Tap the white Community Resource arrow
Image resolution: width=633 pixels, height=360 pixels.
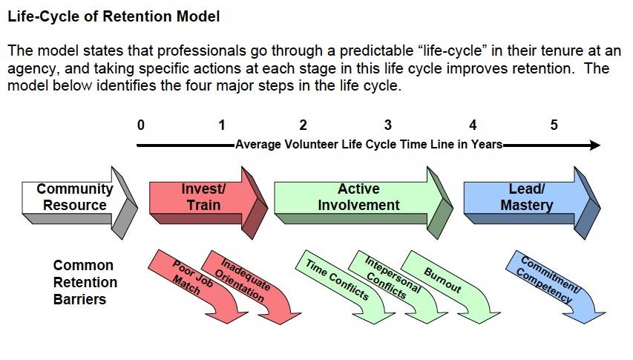click(75, 197)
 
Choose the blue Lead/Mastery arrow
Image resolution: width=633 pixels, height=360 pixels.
click(526, 197)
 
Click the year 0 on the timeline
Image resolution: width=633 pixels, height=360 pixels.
click(141, 125)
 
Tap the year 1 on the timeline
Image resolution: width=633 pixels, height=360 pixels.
click(222, 125)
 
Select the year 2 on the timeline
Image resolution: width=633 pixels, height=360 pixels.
click(303, 125)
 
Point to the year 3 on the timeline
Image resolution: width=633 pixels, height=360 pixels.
click(387, 125)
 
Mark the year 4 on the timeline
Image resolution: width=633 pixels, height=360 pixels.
click(472, 125)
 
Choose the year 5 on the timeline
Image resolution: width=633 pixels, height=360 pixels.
click(554, 125)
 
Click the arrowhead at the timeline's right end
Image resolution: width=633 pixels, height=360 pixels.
click(594, 145)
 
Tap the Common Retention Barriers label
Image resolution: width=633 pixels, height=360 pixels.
click(84, 283)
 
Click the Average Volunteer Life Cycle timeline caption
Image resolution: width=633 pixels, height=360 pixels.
click(369, 145)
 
